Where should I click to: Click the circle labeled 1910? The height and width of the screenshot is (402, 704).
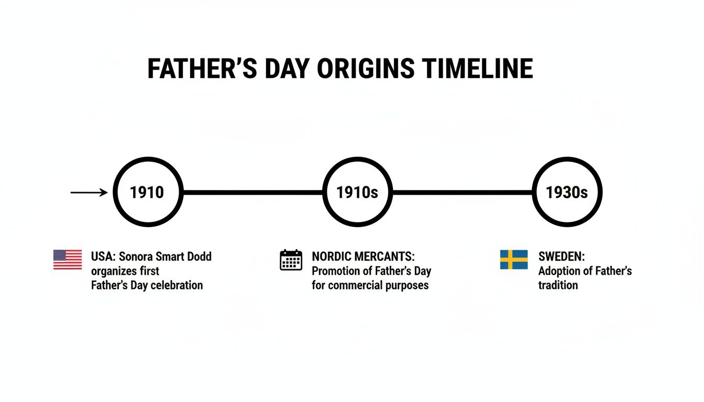pyautogui.click(x=148, y=193)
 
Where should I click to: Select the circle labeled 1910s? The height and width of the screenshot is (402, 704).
pyautogui.click(x=357, y=193)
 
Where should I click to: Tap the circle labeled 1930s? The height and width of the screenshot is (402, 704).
pyautogui.click(x=567, y=193)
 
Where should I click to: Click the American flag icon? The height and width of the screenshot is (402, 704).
pyautogui.click(x=68, y=260)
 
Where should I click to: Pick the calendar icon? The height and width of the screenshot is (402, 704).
pyautogui.click(x=291, y=260)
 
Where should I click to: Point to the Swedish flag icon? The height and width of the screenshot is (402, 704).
pyautogui.click(x=514, y=260)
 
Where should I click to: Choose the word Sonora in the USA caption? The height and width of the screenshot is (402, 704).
pyautogui.click(x=136, y=257)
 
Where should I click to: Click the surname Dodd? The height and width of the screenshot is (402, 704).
pyautogui.click(x=198, y=257)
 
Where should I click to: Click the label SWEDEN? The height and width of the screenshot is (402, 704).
pyautogui.click(x=562, y=257)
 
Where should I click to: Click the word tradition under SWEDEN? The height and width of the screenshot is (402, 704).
pyautogui.click(x=558, y=285)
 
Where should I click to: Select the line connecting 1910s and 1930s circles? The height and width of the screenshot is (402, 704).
pyautogui.click(x=462, y=193)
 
